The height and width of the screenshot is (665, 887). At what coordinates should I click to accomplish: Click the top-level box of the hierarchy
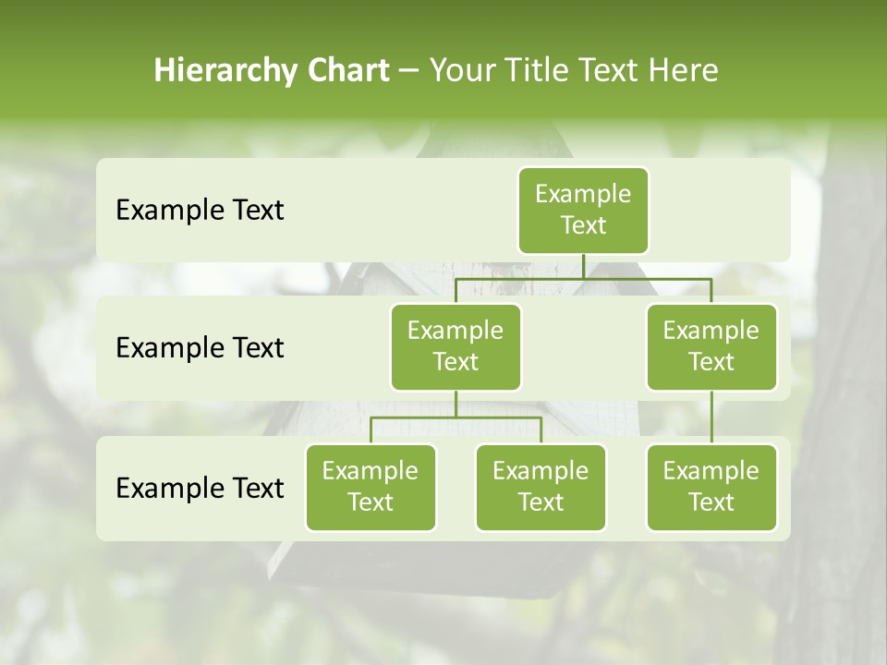(583, 210)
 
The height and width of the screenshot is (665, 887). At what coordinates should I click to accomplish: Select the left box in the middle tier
(456, 346)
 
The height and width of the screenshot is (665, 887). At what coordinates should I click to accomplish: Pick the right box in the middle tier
(711, 346)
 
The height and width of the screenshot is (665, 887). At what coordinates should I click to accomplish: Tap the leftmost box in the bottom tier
(371, 487)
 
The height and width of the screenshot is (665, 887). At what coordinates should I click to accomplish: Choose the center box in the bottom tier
(541, 487)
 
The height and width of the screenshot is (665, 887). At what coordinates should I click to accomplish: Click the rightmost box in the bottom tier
(711, 487)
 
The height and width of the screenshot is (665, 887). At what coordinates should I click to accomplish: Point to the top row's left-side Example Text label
(200, 211)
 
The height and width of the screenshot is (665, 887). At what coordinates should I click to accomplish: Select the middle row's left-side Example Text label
(200, 348)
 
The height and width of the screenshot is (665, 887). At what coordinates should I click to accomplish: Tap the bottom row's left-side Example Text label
(200, 488)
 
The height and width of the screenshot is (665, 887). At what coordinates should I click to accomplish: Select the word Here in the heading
(684, 70)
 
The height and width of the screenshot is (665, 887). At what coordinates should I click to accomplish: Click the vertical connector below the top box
(583, 266)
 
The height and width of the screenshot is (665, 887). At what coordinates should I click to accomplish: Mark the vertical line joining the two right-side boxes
(711, 417)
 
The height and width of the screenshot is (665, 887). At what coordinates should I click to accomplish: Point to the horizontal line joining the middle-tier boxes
(583, 278)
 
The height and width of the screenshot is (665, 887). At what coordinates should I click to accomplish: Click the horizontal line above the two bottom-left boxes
(456, 417)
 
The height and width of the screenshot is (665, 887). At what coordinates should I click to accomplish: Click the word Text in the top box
(583, 225)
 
